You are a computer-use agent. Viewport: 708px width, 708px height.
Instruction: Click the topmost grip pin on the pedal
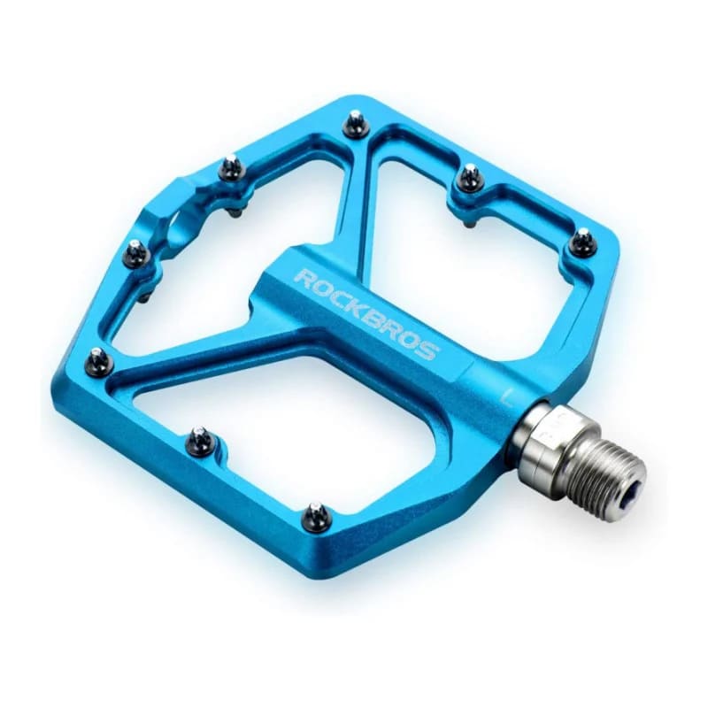click(357, 124)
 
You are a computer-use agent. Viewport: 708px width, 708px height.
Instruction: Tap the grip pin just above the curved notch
click(232, 167)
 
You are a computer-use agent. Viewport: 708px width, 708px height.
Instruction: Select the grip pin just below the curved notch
click(135, 255)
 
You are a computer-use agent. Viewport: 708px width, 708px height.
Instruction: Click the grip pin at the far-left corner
click(97, 361)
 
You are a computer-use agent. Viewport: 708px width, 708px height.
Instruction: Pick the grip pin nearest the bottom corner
click(316, 516)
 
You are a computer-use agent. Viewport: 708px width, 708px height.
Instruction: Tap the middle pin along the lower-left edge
click(201, 440)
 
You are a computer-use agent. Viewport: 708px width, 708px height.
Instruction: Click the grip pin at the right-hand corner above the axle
click(581, 242)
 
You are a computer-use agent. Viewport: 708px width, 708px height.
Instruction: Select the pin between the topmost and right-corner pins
click(470, 178)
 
